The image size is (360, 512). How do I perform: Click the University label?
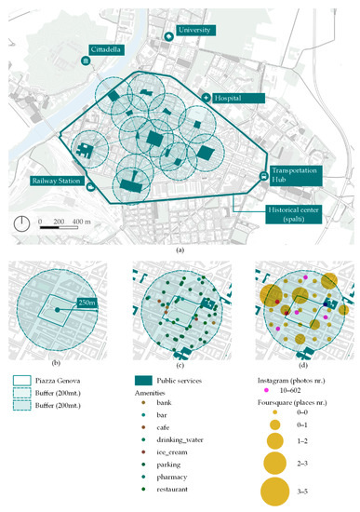(197, 30)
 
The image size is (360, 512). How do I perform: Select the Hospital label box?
(235, 96)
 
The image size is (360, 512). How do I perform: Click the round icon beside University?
(168, 35)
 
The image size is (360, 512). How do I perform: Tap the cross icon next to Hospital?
(207, 97)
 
